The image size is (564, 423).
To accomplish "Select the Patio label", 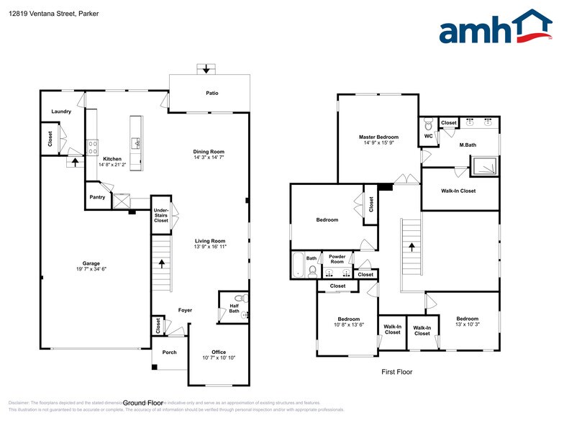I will (211, 93).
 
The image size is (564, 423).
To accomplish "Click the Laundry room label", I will (61, 112).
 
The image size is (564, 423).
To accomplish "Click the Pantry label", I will (97, 196).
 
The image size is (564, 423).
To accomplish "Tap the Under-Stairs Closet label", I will (161, 215).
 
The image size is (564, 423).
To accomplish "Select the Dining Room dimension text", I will (209, 158).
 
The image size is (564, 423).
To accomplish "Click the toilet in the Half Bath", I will (240, 298).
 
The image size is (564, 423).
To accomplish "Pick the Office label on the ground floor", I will (219, 352).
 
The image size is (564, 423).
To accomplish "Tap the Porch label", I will (169, 352).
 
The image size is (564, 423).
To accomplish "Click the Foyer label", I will (185, 309).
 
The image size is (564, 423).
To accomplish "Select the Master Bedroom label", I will (378, 137).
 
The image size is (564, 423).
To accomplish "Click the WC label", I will (428, 136).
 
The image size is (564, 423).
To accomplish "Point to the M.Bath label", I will (468, 145).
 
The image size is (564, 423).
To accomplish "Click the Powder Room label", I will (337, 258).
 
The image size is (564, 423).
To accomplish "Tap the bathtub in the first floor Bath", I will (298, 265).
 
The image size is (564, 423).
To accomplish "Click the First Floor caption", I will (396, 372).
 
